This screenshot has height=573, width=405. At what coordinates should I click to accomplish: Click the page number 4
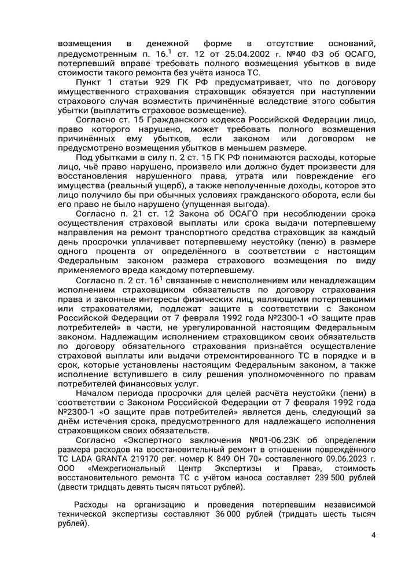[373, 535]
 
